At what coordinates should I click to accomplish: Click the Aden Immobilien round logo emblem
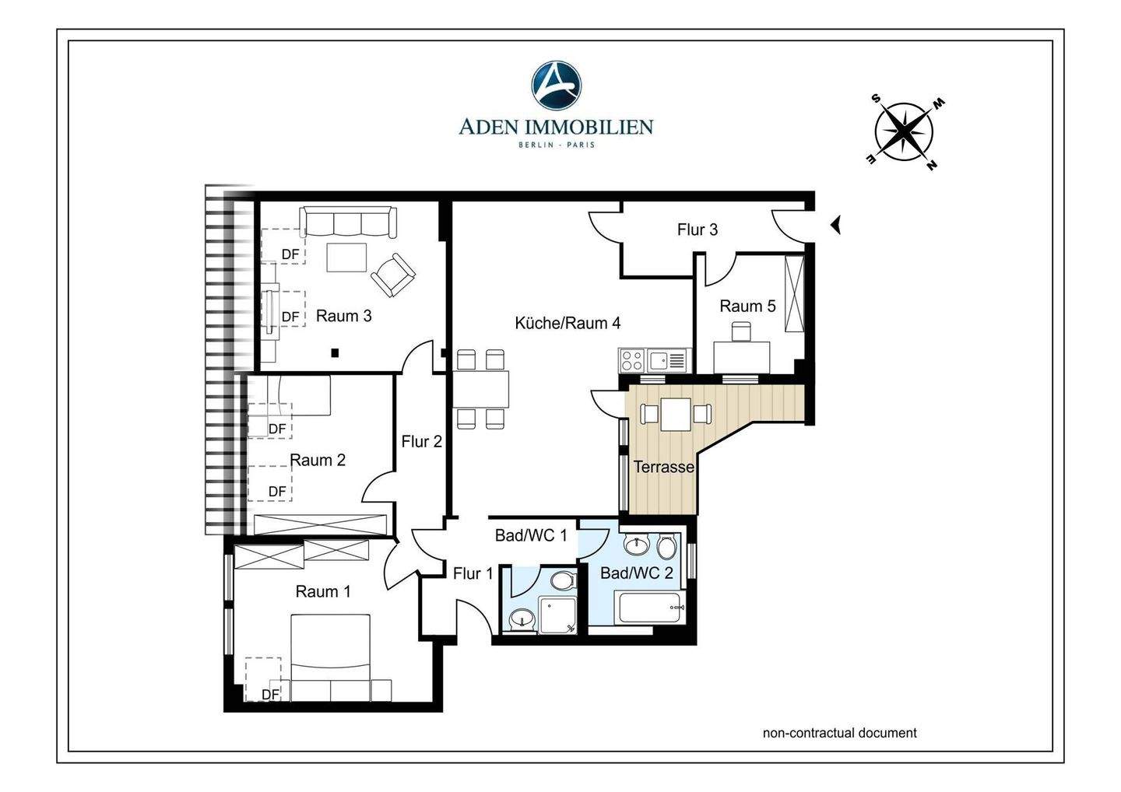[x=556, y=86]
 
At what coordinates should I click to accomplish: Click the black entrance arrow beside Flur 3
[x=835, y=225]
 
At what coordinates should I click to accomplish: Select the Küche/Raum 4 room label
[x=568, y=323]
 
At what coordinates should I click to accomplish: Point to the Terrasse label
[x=663, y=467]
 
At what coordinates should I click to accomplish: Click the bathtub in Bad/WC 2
[x=649, y=607]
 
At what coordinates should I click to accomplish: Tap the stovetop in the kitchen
[x=632, y=360]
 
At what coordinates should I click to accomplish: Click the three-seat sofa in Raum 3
[x=348, y=222]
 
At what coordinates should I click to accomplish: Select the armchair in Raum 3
[x=393, y=275]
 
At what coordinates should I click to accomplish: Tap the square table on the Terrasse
[x=676, y=414]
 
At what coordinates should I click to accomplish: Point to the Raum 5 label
[x=747, y=306]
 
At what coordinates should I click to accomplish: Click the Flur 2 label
[x=421, y=441]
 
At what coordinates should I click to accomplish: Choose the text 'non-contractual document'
[x=839, y=733]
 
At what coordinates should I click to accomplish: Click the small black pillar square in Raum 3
[x=335, y=353]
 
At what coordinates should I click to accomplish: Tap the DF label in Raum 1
[x=270, y=694]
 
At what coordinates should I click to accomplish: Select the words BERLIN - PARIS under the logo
[x=557, y=145]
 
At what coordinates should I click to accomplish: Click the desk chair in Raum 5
[x=741, y=331]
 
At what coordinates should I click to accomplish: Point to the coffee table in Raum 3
[x=346, y=258]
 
